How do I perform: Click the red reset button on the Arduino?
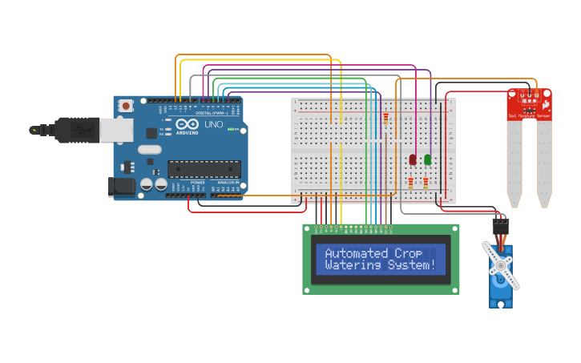pyautogui.click(x=126, y=106)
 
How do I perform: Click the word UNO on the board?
pyautogui.click(x=214, y=125)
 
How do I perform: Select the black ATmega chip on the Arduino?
pyautogui.click(x=204, y=168)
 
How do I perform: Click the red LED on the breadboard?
pyautogui.click(x=413, y=159)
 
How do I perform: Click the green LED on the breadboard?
pyautogui.click(x=427, y=159)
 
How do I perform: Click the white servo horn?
pyautogui.click(x=501, y=264)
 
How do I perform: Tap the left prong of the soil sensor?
pyautogui.click(x=514, y=164)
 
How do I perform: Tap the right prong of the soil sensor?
pyautogui.click(x=544, y=164)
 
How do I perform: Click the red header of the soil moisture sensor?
pyautogui.click(x=529, y=103)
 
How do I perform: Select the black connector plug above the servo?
pyautogui.click(x=501, y=226)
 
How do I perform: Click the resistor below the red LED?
pyautogui.click(x=413, y=184)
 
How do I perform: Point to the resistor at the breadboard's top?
pyautogui.click(x=386, y=119)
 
